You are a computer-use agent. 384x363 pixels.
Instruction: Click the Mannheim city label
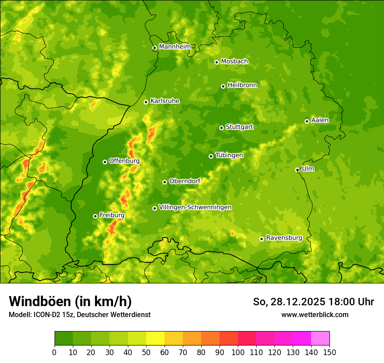(175, 47)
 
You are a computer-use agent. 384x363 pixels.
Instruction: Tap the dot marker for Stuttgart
(221, 128)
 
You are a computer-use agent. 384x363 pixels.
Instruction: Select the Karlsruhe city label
(165, 101)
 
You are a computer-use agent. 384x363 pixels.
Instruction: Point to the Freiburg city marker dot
(95, 216)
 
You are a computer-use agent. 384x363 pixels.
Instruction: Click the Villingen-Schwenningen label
(195, 207)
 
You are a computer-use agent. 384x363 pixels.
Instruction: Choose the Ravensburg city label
(284, 238)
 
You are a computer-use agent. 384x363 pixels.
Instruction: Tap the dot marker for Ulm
(297, 170)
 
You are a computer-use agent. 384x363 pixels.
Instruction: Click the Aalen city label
(320, 120)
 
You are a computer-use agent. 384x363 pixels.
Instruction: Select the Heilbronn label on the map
(242, 85)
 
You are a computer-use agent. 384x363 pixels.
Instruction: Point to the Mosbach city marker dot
(216, 62)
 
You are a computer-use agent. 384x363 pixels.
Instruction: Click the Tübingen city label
(229, 155)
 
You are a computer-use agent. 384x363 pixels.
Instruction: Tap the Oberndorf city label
(185, 181)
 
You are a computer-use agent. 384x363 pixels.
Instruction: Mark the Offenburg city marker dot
(105, 162)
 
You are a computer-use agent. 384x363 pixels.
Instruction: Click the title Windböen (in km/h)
(70, 302)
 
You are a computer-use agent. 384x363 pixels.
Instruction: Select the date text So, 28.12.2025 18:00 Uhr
(313, 302)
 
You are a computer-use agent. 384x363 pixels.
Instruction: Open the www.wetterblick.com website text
(315, 314)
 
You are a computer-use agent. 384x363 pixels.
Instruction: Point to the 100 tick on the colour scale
(238, 352)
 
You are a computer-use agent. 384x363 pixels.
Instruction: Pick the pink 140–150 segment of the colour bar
(320, 338)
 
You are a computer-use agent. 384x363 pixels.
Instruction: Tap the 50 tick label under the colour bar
(146, 352)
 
